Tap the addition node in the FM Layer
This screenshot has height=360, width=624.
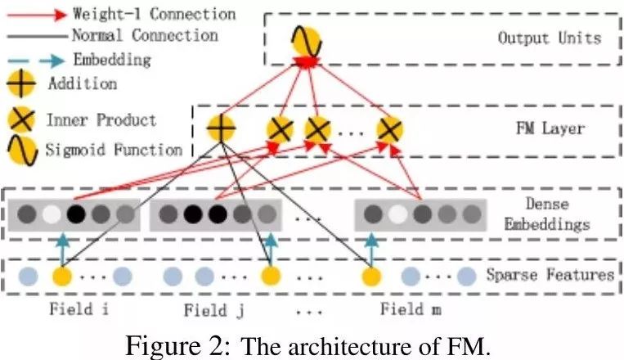click(x=220, y=128)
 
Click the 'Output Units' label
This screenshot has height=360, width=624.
click(x=549, y=38)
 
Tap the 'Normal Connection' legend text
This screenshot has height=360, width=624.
click(x=145, y=36)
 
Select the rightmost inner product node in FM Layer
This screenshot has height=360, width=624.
click(x=389, y=128)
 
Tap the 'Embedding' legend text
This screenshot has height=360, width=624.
click(x=112, y=60)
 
